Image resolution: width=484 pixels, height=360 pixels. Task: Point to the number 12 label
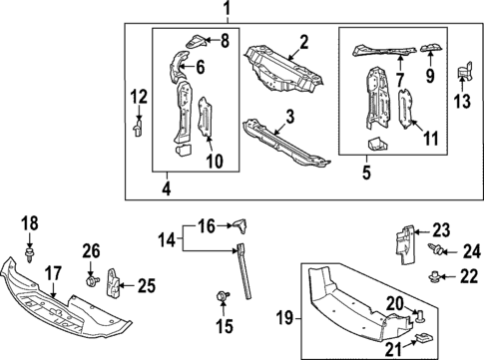[138, 96]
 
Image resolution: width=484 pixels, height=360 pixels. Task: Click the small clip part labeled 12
[138, 127]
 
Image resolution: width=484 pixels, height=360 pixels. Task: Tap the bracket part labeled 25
[115, 284]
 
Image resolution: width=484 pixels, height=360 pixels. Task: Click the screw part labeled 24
[435, 249]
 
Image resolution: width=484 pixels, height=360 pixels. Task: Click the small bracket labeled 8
[198, 40]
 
